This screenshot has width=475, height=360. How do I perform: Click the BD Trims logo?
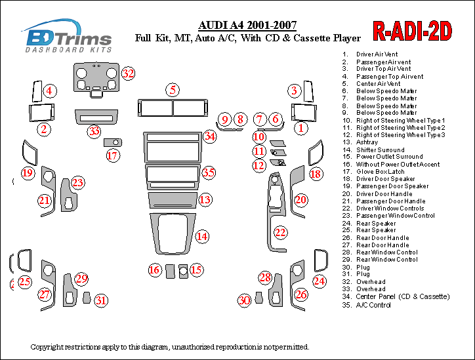[x=68, y=35]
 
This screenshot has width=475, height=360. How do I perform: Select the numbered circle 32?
[x=128, y=73]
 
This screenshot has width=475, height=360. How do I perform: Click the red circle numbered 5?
[x=173, y=90]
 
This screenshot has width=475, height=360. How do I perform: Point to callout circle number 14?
[x=202, y=236]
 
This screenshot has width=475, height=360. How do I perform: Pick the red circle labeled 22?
[x=280, y=232]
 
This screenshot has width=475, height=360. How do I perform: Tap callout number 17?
[x=113, y=156]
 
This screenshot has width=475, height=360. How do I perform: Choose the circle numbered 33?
[x=94, y=131]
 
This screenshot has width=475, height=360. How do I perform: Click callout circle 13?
[x=205, y=199]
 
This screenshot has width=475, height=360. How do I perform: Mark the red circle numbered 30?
[x=244, y=300]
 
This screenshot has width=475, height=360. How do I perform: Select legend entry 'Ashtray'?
[x=367, y=142]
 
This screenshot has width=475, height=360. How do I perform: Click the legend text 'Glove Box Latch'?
[x=380, y=172]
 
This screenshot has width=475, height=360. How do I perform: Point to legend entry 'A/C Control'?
[x=373, y=304]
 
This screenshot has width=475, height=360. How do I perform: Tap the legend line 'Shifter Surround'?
[x=380, y=150]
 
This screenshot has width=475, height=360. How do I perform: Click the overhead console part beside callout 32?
[x=96, y=79]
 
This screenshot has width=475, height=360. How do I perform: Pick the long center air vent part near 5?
[x=173, y=108]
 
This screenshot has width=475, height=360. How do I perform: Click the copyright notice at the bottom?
[x=169, y=346]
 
